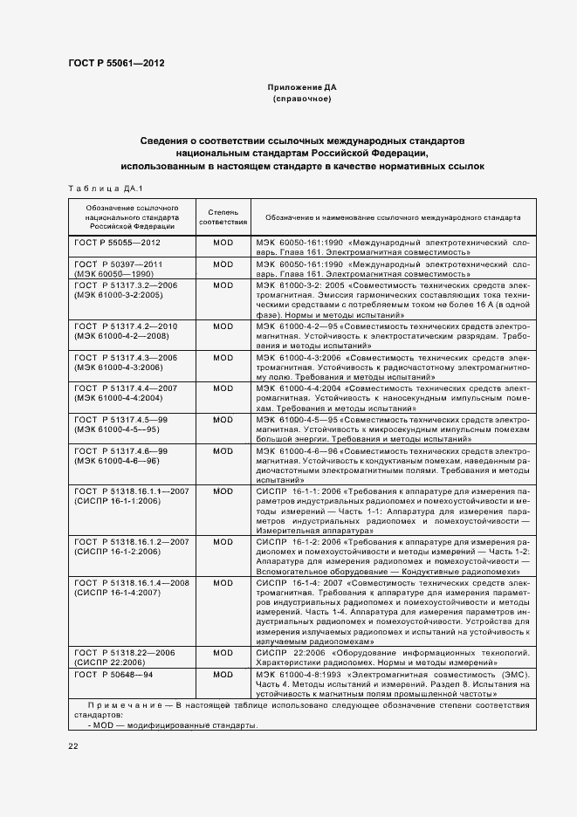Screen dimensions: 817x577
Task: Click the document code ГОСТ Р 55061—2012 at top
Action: (115, 63)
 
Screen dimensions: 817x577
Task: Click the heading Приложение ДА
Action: (301, 87)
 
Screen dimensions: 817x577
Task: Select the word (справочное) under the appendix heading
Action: (301, 100)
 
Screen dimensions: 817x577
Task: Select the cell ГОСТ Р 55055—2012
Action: (118, 241)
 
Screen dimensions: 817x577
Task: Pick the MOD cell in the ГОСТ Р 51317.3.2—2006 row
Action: (223, 285)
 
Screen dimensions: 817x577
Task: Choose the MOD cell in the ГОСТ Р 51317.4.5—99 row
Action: (223, 420)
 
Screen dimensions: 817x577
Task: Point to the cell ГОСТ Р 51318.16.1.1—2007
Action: (131, 492)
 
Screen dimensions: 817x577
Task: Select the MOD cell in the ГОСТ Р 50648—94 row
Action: (223, 675)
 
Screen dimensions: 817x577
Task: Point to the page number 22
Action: (73, 745)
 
